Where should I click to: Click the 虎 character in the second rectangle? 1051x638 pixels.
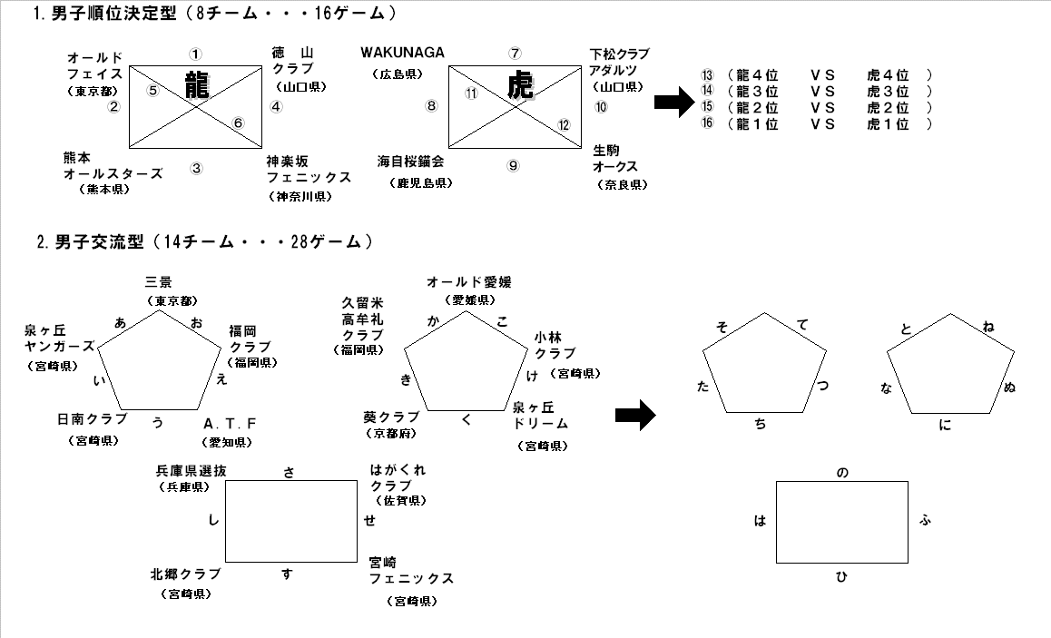[x=520, y=86]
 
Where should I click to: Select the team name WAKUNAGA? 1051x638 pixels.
[x=402, y=53]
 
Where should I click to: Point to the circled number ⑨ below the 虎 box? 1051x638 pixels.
[x=514, y=165]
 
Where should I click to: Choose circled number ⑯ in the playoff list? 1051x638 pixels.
[x=708, y=124]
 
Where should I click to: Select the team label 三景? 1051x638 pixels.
[x=160, y=284]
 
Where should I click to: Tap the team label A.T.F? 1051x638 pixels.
[x=230, y=424]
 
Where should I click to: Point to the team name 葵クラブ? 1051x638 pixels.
[x=390, y=417]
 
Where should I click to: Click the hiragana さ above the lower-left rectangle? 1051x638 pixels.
[x=289, y=471]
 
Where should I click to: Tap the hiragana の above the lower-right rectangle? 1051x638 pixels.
[x=841, y=473]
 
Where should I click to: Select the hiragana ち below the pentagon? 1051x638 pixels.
[x=761, y=424]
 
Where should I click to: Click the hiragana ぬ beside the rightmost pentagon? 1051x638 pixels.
[x=1009, y=388]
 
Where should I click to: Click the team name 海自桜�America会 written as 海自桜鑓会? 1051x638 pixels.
[x=410, y=162]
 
